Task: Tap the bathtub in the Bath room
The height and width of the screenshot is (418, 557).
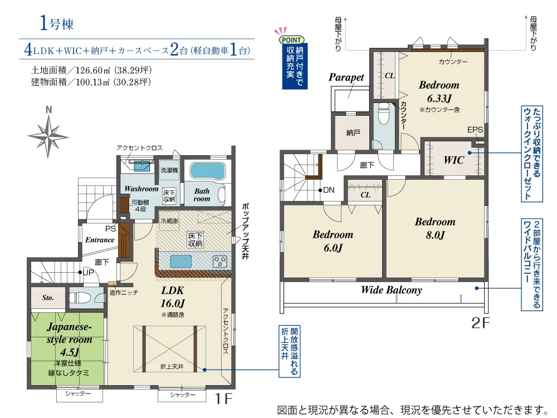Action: (208, 171)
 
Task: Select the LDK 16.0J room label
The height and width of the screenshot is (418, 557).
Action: (173, 297)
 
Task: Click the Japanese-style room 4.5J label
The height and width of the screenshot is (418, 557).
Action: (69, 339)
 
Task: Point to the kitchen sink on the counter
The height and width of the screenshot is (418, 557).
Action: (180, 261)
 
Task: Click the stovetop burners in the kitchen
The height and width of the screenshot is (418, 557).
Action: (220, 262)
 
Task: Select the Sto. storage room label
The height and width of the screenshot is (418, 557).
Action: (48, 298)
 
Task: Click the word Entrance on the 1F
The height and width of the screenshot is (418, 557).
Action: (100, 240)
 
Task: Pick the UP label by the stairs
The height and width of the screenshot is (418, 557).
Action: (89, 273)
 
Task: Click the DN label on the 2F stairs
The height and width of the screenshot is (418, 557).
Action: (329, 190)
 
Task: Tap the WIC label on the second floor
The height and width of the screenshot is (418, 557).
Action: (453, 160)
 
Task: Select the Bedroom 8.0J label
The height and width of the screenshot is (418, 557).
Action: (435, 228)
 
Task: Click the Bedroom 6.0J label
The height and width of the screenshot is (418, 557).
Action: (333, 241)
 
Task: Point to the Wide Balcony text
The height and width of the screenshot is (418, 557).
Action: (392, 290)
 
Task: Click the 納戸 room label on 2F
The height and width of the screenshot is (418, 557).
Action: (353, 132)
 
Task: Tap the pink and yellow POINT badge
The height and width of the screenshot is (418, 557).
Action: (292, 40)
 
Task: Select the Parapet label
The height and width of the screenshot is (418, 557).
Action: (346, 77)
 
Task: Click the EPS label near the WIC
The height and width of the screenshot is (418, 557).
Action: (475, 130)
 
